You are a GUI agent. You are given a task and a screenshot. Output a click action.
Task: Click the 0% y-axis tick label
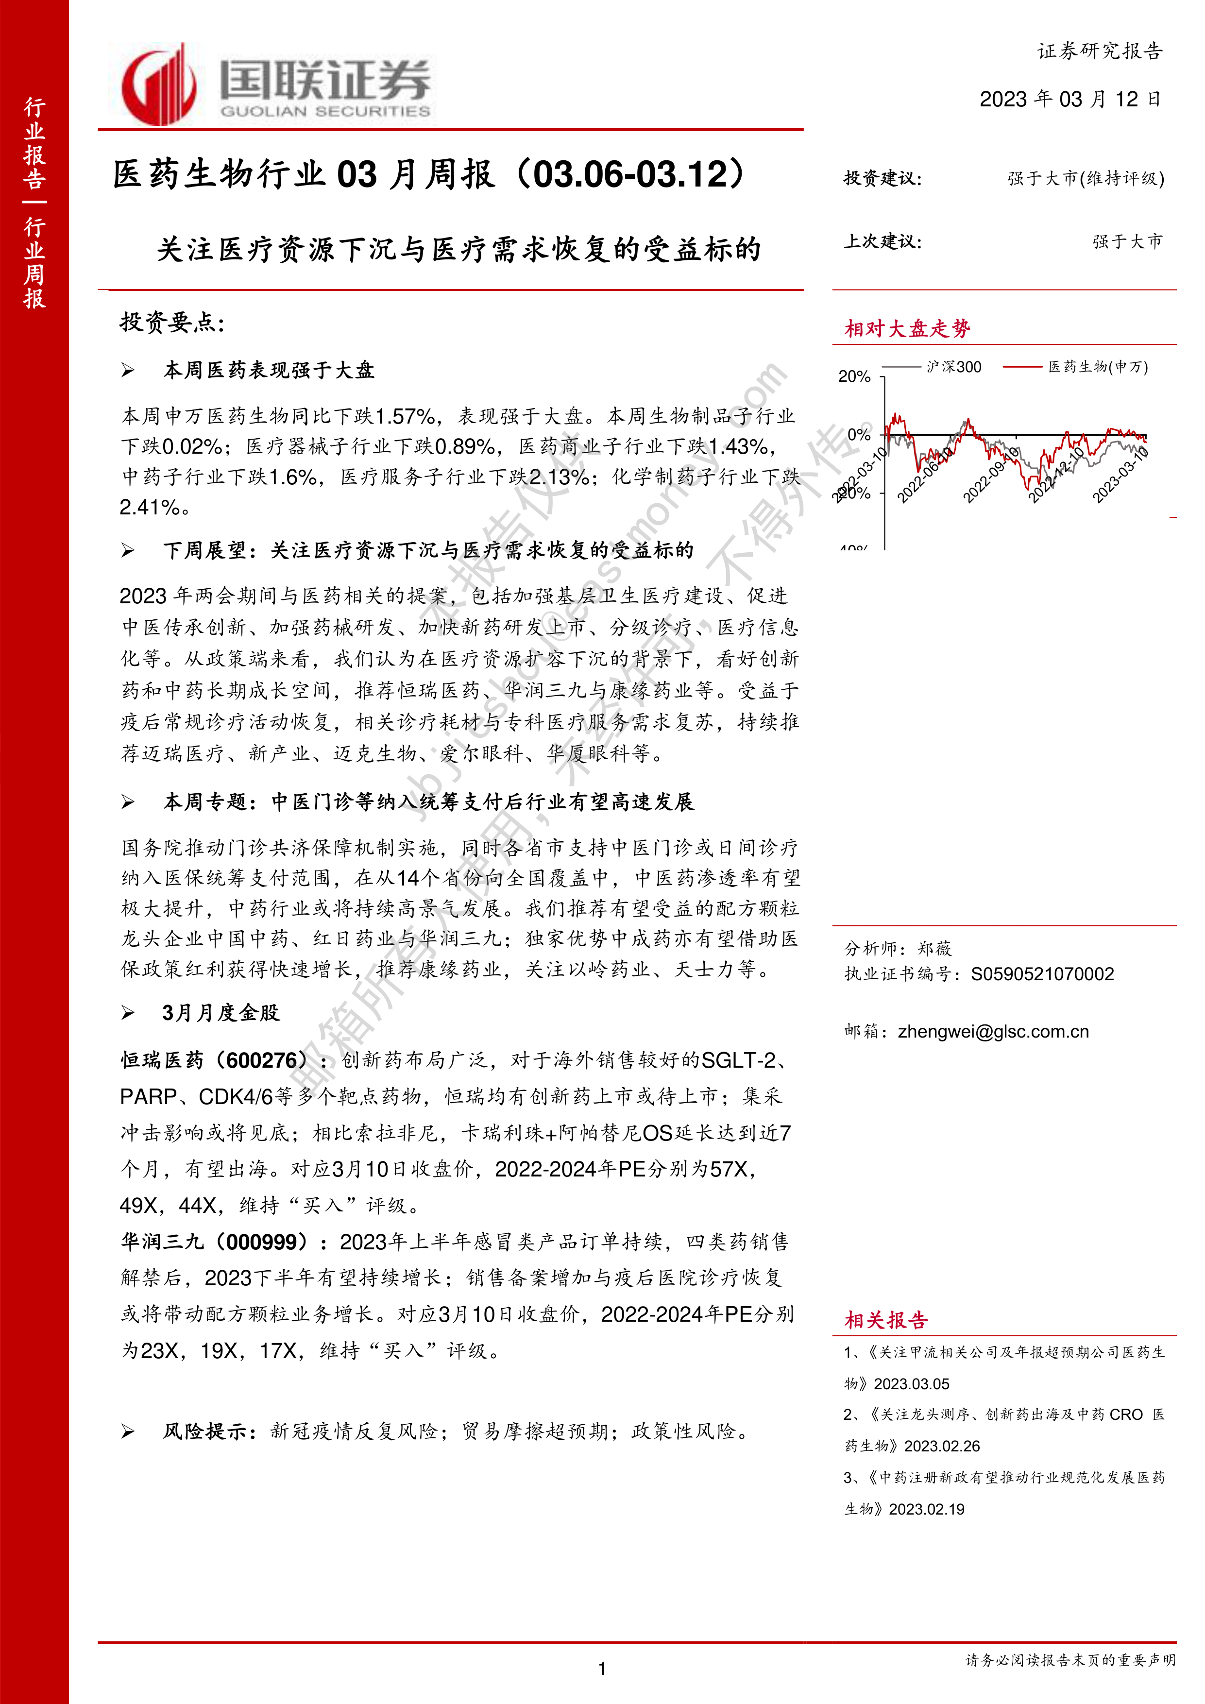(859, 435)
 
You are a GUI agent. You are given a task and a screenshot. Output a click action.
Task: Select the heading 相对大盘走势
(907, 329)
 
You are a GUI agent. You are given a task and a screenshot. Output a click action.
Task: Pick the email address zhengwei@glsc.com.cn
(993, 1032)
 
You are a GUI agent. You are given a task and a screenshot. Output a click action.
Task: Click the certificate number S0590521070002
(1042, 974)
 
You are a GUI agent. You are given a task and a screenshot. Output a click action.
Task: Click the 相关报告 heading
(886, 1320)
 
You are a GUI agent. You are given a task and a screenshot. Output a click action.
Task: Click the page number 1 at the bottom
(602, 1669)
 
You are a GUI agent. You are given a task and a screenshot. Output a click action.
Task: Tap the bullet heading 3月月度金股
(221, 1013)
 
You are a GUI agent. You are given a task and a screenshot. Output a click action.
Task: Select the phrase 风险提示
(205, 1431)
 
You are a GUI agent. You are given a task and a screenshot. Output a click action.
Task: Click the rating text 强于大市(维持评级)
(1086, 179)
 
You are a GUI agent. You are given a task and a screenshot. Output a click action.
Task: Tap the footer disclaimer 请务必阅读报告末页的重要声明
(1070, 1660)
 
